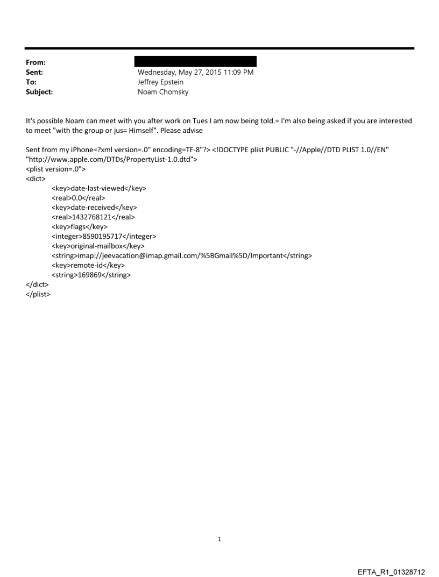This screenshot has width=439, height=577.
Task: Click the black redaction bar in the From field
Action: pos(195,61)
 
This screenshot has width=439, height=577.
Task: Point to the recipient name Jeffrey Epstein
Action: pos(160,82)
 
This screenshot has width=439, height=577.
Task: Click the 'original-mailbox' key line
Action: pos(98,246)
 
